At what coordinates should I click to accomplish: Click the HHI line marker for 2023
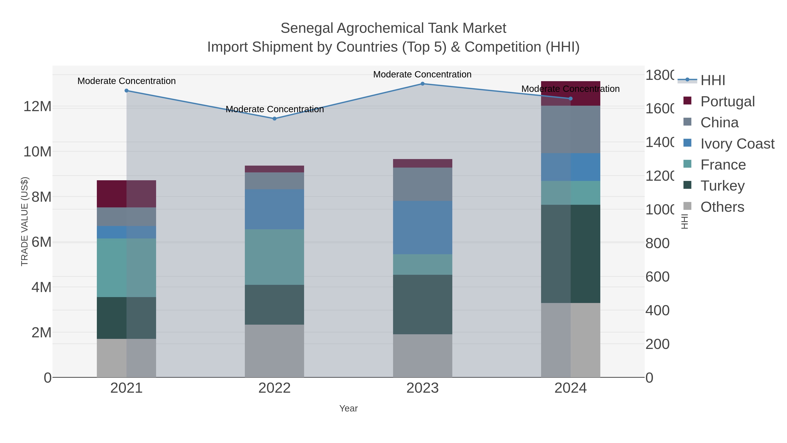[x=423, y=84]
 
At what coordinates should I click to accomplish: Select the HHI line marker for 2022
[x=274, y=119]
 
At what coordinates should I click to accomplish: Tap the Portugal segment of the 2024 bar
[x=570, y=93]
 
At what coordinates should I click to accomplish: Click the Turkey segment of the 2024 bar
[x=570, y=254]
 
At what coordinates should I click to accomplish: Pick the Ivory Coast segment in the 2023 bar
[x=423, y=228]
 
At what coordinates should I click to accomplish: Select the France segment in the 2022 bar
[x=274, y=257]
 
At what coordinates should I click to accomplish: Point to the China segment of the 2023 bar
[x=423, y=184]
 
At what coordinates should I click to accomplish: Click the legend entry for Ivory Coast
[x=737, y=144]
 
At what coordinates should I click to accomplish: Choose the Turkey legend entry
[x=722, y=186]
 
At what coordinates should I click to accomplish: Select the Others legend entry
[x=722, y=207]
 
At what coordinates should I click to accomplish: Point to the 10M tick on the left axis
[x=37, y=152]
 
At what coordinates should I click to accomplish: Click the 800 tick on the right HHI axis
[x=657, y=243]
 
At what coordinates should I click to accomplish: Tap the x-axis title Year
[x=348, y=408]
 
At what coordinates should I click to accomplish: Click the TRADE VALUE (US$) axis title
[x=24, y=221]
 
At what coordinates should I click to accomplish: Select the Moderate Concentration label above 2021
[x=127, y=81]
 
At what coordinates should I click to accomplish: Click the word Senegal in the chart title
[x=307, y=28]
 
